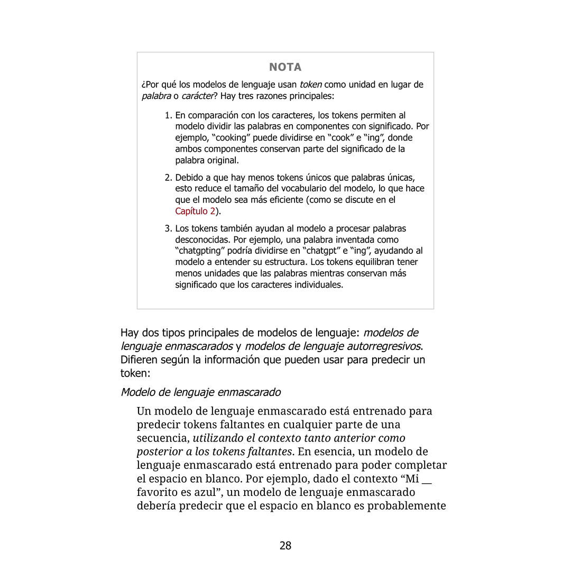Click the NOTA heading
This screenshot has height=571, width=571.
tap(285, 67)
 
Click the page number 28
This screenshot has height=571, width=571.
tap(285, 546)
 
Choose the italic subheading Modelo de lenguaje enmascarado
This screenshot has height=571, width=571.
tap(200, 392)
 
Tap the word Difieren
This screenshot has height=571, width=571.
tap(140, 360)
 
